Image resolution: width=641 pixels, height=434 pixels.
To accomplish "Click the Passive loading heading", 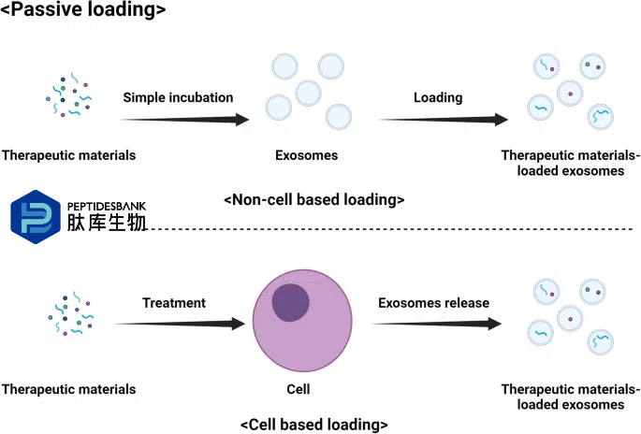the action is (x=83, y=9).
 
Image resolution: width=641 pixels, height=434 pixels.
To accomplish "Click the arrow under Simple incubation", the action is (x=184, y=120).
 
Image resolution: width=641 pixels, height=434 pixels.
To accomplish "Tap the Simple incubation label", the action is (x=178, y=97).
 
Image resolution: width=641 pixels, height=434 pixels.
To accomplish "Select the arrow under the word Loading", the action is (x=444, y=120).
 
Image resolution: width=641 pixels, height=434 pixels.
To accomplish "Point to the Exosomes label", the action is (x=307, y=155).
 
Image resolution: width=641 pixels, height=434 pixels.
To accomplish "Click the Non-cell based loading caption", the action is (x=314, y=200).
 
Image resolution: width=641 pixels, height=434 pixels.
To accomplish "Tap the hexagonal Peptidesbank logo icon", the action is (x=36, y=217).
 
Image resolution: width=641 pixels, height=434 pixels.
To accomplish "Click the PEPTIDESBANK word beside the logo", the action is (x=107, y=207).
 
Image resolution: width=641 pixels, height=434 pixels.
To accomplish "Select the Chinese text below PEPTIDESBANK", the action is (x=107, y=223).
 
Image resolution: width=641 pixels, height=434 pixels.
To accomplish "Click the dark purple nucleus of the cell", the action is (x=291, y=303).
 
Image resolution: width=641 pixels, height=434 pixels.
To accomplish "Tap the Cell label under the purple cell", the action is (x=298, y=389).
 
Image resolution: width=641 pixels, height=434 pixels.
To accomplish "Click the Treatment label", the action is (x=174, y=303).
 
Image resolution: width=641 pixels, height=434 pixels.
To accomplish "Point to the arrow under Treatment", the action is (x=181, y=324).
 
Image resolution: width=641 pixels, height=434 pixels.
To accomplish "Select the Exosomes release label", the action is (x=434, y=303).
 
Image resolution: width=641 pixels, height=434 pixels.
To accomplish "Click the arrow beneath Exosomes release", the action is (x=437, y=324).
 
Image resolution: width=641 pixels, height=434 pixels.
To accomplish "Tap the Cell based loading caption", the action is (x=314, y=425).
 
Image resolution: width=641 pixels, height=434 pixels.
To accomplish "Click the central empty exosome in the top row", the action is (x=308, y=94).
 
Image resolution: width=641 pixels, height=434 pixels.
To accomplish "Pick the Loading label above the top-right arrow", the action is (x=438, y=97).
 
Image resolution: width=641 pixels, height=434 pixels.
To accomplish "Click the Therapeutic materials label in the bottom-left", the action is (x=68, y=389).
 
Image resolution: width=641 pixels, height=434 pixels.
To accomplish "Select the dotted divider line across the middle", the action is (x=390, y=229).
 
